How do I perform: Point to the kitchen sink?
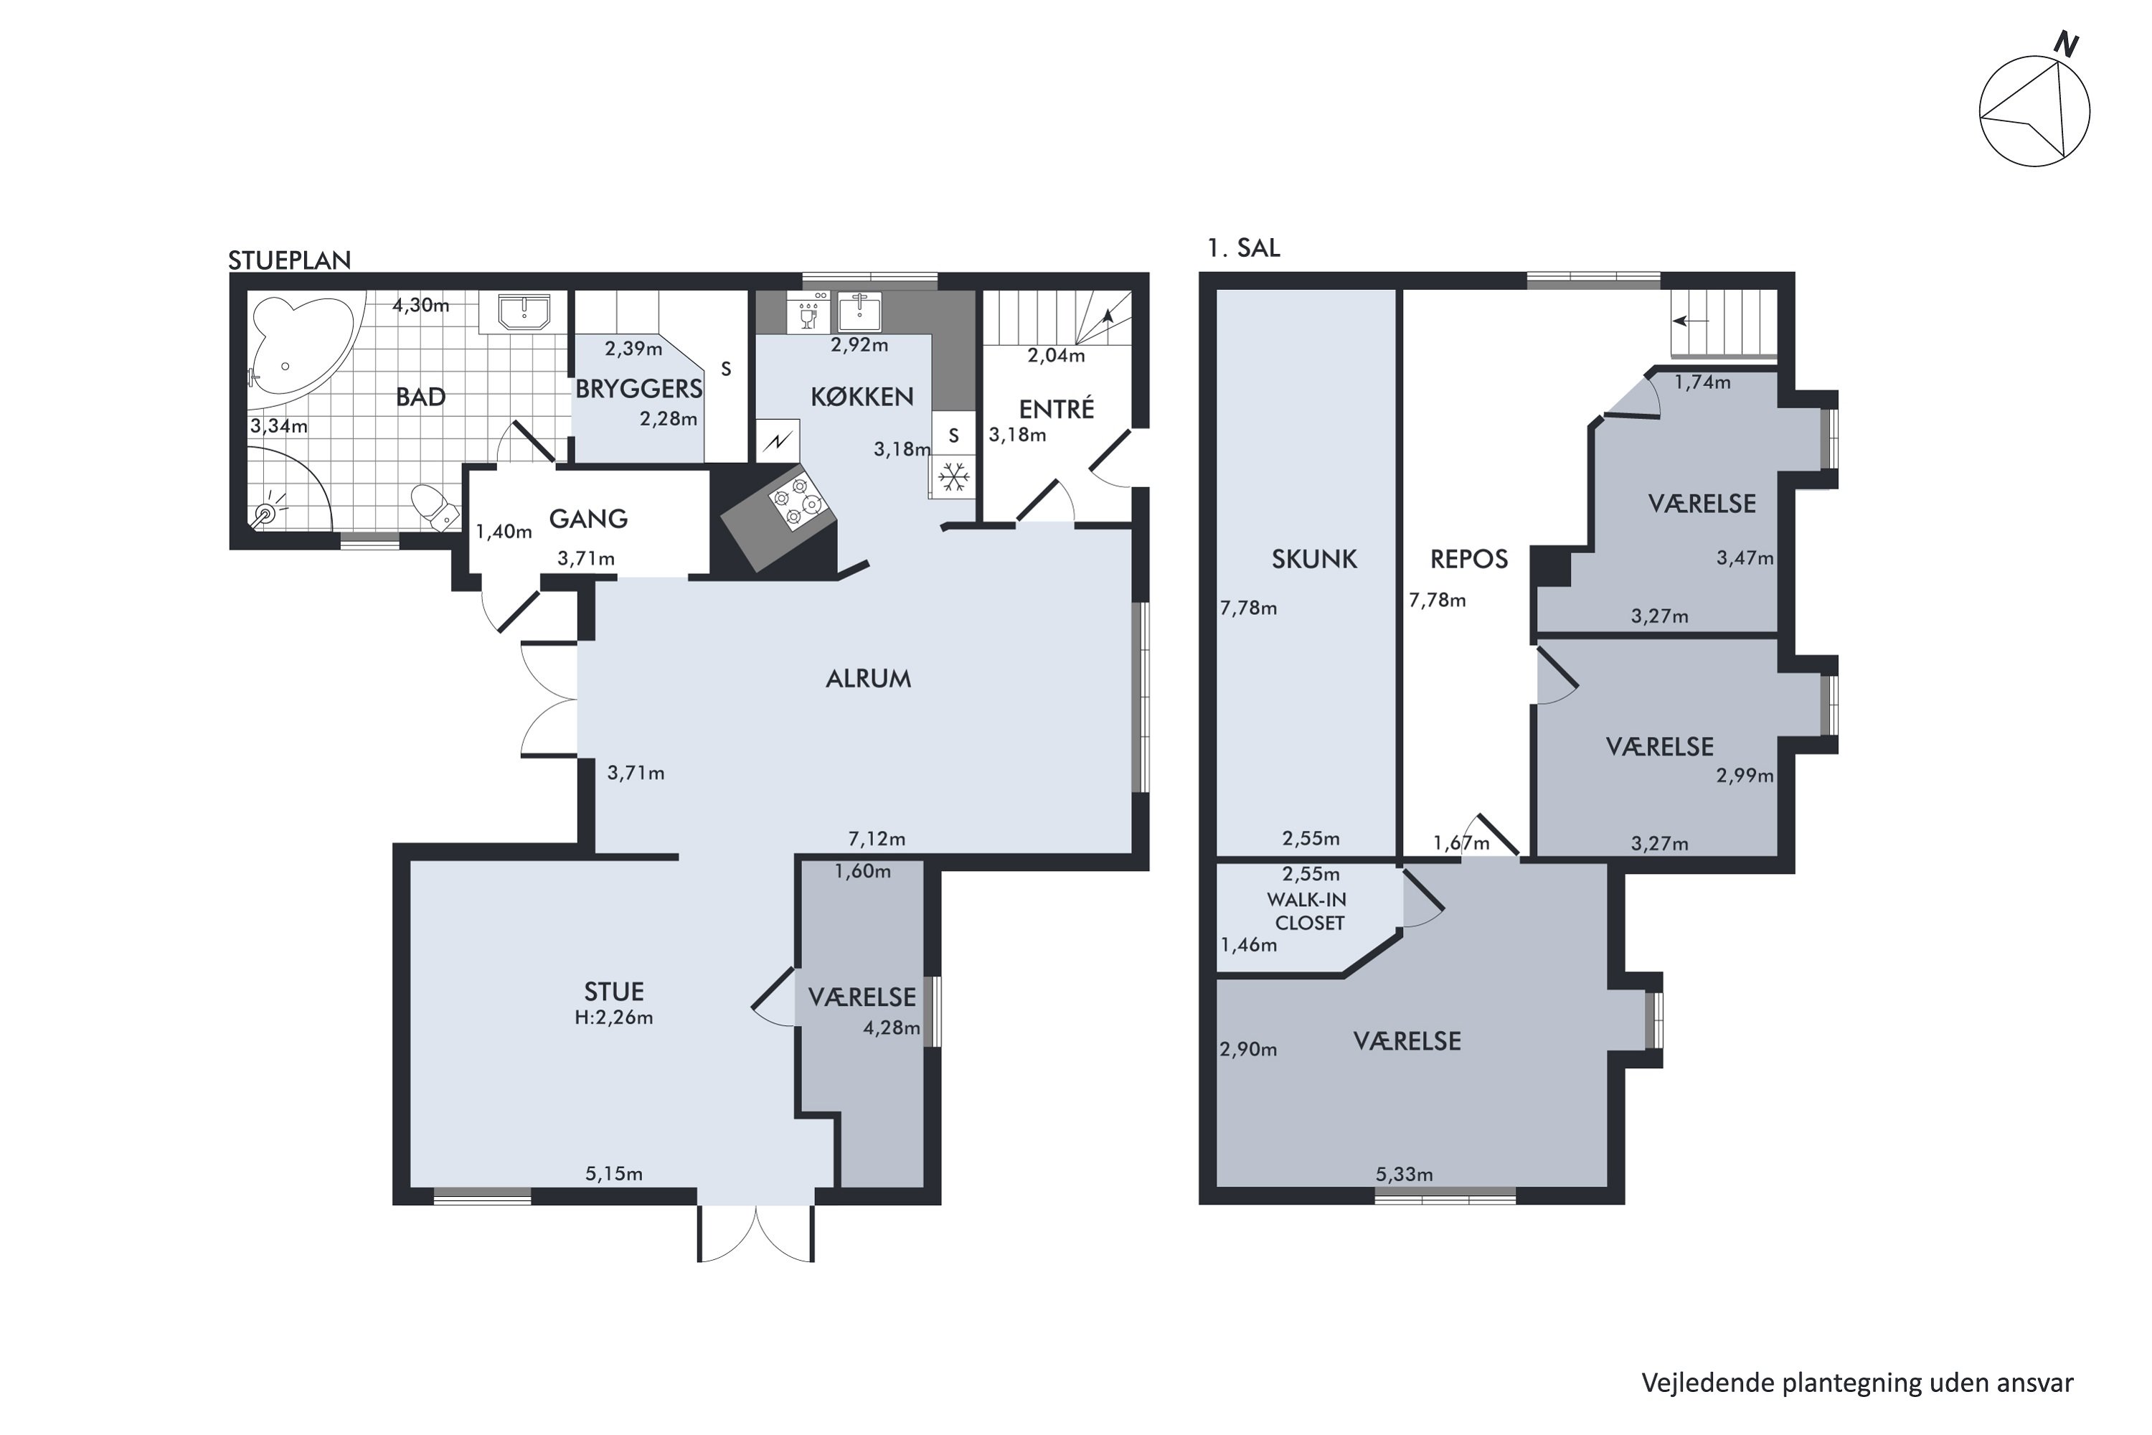[859, 312]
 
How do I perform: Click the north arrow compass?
[2035, 108]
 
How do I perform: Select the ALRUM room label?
[868, 678]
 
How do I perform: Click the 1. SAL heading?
[1243, 248]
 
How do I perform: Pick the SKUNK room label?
[1314, 559]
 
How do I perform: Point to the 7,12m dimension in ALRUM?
[877, 838]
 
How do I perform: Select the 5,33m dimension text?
[1405, 1174]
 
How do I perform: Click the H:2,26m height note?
[613, 1017]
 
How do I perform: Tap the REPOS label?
[1468, 559]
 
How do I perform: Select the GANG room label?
[588, 519]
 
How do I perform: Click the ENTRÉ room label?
[1057, 408]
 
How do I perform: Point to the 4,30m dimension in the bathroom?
[421, 305]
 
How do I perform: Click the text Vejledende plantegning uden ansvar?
[1857, 1383]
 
